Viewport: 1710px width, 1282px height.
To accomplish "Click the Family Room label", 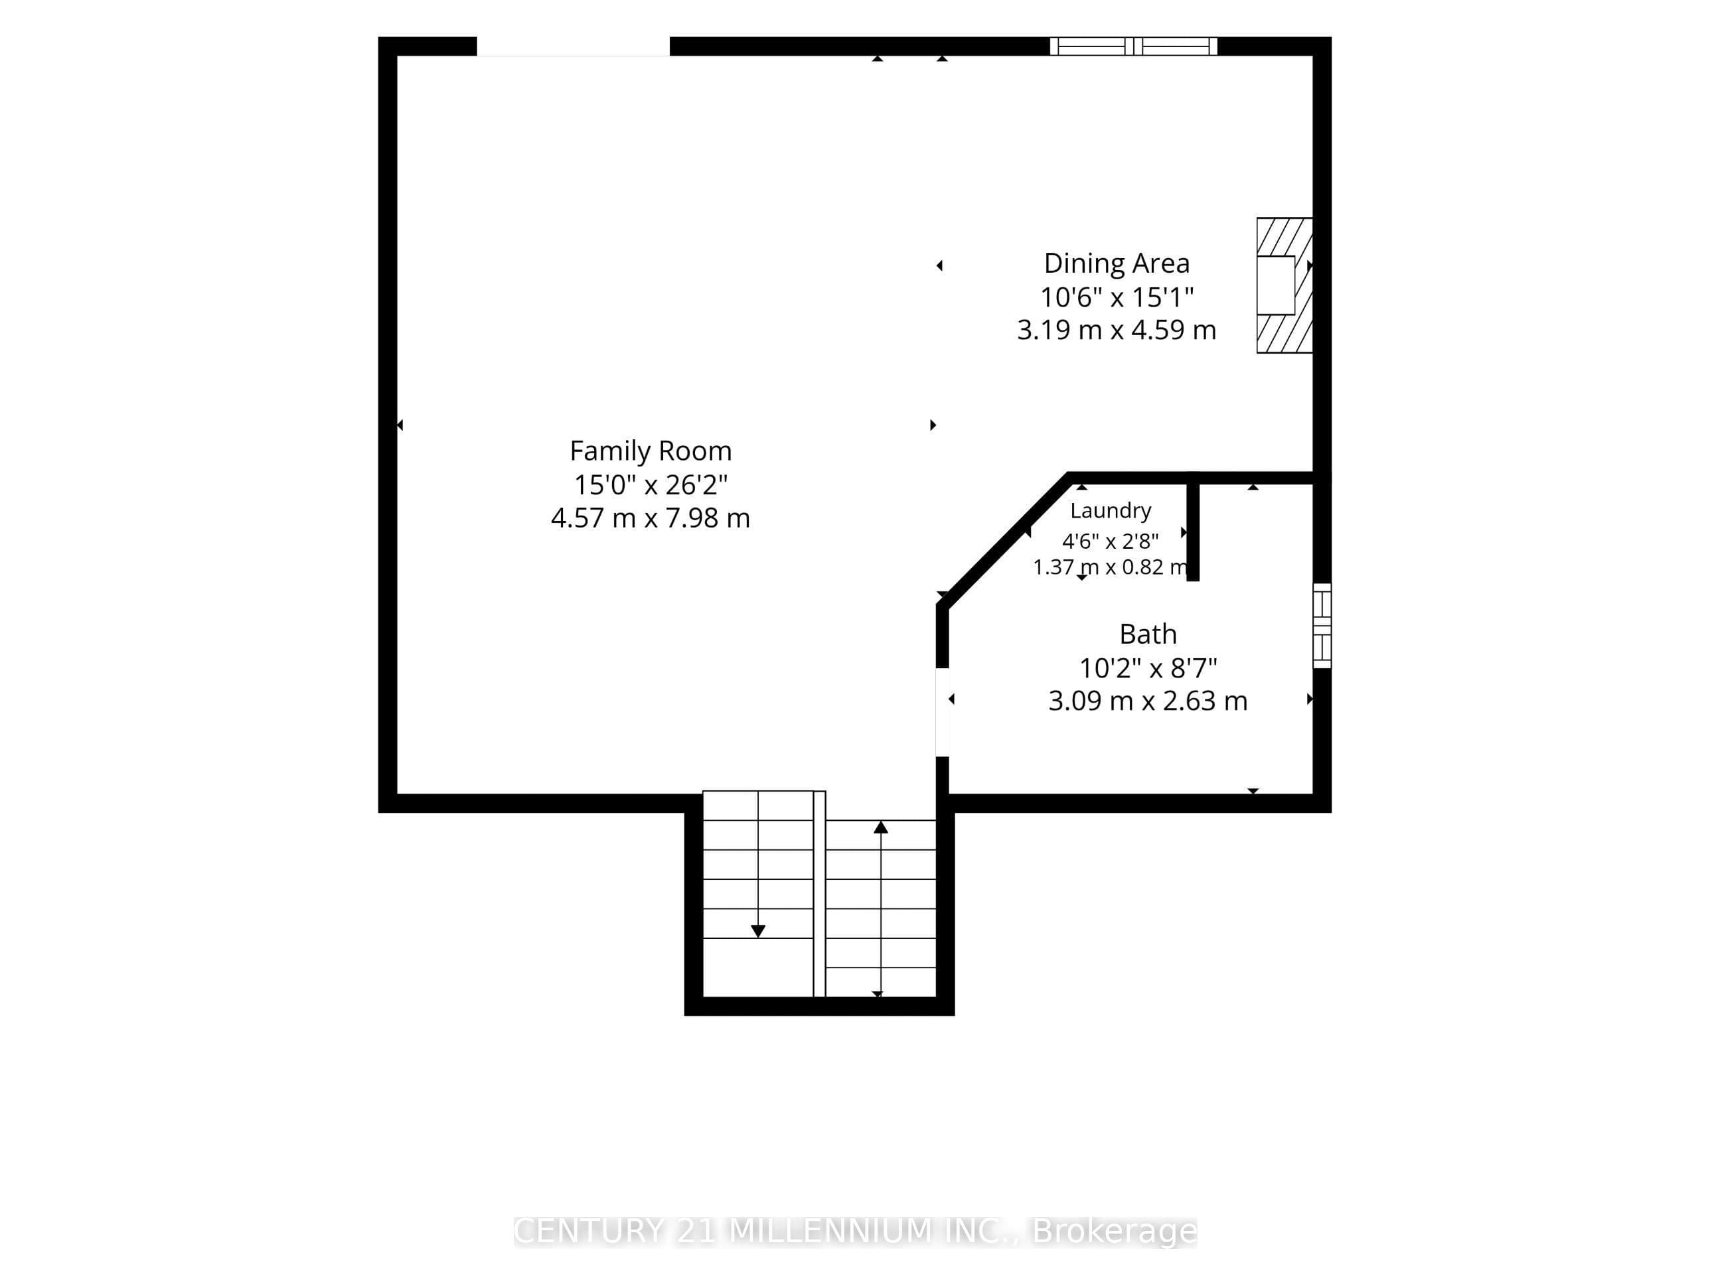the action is (x=650, y=451).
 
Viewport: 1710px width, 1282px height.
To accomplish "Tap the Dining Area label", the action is (x=1117, y=263).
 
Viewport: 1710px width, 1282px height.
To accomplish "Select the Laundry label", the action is (x=1111, y=511).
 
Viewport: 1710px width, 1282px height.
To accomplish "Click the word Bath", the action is (x=1148, y=634).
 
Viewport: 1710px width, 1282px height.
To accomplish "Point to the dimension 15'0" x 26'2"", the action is (x=650, y=484).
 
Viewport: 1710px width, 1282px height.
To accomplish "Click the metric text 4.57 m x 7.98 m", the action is (x=650, y=518).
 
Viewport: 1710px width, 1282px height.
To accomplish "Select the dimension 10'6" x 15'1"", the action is (x=1117, y=297).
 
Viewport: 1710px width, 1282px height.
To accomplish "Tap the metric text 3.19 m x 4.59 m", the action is (x=1117, y=330).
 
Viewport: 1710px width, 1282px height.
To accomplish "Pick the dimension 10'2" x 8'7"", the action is (x=1148, y=668).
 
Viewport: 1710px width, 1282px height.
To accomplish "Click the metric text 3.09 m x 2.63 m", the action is (x=1148, y=701).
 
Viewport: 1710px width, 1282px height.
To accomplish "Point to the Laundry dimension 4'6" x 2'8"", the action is (x=1111, y=541).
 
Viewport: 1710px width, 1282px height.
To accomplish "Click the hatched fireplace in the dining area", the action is (x=1284, y=285).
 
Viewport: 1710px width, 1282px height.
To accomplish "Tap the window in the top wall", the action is (x=1133, y=46).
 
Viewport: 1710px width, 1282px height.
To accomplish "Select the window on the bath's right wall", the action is (x=1322, y=626).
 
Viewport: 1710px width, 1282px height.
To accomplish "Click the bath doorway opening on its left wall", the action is (x=943, y=712).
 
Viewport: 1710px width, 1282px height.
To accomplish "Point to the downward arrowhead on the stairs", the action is (x=757, y=931).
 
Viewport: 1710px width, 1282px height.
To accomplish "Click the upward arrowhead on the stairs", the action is (x=880, y=827).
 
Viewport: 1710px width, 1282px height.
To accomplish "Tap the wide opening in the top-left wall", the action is (x=573, y=46).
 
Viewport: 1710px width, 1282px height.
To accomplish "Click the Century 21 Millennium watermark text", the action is (x=855, y=1231).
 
